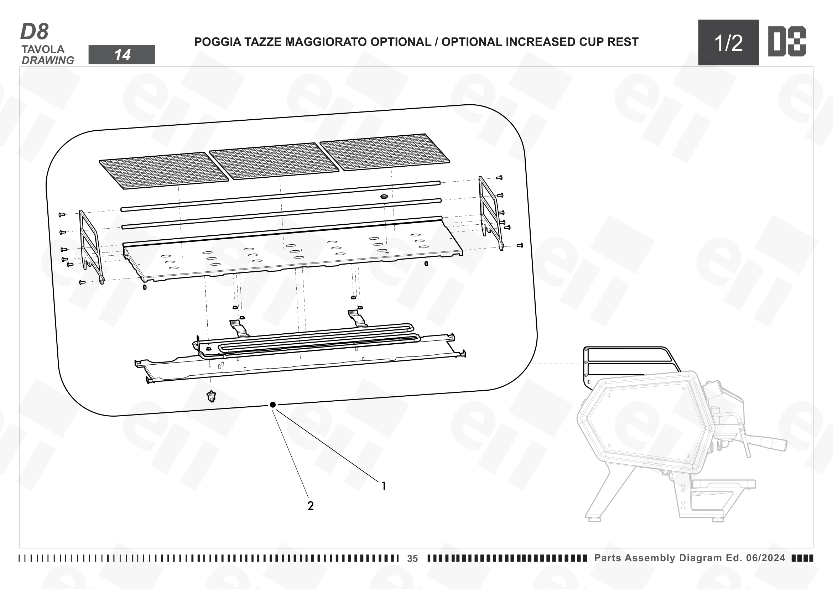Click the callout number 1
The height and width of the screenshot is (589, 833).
(x=384, y=486)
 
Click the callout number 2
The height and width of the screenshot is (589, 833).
(x=311, y=506)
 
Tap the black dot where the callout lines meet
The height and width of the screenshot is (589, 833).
(x=273, y=405)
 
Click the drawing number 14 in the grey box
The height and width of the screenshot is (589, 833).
(x=122, y=55)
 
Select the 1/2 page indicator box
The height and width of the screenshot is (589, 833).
(x=728, y=42)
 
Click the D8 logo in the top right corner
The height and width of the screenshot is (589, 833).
(x=787, y=41)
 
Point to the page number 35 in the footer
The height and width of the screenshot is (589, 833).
(x=412, y=558)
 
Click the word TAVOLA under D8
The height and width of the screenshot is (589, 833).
(x=43, y=49)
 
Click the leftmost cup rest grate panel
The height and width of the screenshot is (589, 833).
(x=164, y=171)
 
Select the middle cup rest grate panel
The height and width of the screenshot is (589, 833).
(x=274, y=161)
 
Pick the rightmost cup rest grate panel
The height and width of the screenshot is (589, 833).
(x=385, y=152)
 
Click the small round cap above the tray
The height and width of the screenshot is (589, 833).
(x=384, y=197)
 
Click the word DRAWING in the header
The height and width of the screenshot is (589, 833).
(x=48, y=60)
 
